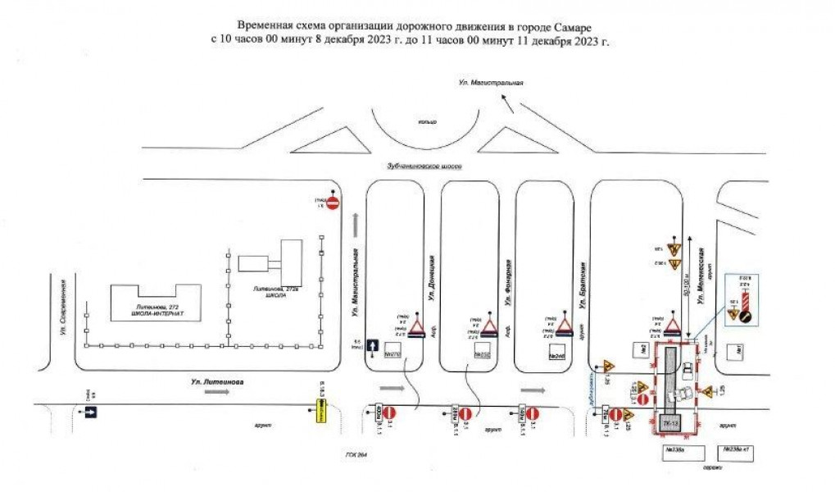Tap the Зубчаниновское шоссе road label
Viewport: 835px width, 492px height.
(x=424, y=166)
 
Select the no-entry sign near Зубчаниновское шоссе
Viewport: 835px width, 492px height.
(x=332, y=203)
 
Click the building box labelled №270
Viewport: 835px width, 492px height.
(x=391, y=354)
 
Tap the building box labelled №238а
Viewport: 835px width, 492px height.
(x=675, y=450)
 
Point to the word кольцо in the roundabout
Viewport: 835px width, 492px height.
(x=426, y=121)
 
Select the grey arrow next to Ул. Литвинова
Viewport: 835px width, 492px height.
(x=216, y=394)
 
